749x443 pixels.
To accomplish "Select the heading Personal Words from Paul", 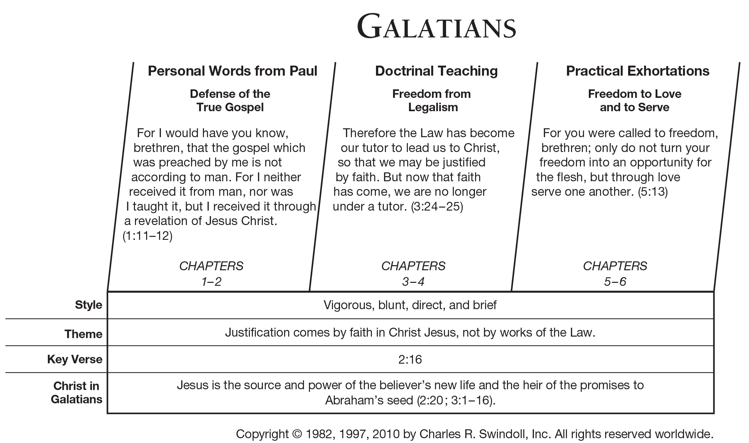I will coord(232,71).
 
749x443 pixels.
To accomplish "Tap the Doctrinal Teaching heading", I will coord(436,71).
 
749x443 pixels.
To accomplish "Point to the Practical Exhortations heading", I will coord(637,71).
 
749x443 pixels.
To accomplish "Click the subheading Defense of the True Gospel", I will coord(230,100).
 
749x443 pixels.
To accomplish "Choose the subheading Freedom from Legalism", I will coord(432,100).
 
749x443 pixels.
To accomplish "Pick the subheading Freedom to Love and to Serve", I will coord(634,100).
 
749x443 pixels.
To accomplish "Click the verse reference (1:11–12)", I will coord(148,236).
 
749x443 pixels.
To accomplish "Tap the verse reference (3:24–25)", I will coord(437,206).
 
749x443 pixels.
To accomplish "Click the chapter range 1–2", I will coord(211,282).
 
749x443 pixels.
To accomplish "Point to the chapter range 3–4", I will coord(413,282).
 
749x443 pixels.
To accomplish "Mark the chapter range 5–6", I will coord(615,282).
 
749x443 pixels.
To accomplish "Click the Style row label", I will coord(88,305).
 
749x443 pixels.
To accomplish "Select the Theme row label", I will coord(83,334).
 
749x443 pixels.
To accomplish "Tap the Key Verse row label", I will coord(75,359).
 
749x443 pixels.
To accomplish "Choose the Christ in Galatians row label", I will coord(76,393).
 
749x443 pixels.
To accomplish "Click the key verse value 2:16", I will coord(410,359).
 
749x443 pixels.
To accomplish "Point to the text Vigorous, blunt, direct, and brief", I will coord(410,305).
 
